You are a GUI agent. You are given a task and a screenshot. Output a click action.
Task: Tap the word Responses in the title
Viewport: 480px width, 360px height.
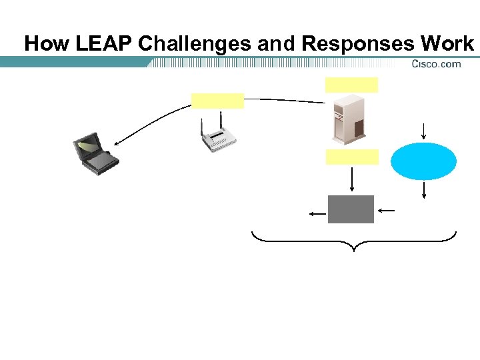pyautogui.click(x=357, y=44)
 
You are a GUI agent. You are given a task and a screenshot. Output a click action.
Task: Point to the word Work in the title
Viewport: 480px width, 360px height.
pyautogui.click(x=447, y=44)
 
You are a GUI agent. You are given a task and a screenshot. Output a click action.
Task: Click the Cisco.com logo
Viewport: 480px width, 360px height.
pyautogui.click(x=436, y=64)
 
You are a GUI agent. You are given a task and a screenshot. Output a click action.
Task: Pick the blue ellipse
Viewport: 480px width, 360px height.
pyautogui.click(x=423, y=161)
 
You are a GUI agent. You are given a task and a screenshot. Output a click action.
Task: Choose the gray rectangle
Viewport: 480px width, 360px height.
pyautogui.click(x=351, y=209)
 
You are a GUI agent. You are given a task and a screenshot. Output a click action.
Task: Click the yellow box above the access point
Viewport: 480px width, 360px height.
pyautogui.click(x=217, y=101)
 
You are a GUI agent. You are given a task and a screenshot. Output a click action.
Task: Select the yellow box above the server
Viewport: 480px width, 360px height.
pyautogui.click(x=351, y=85)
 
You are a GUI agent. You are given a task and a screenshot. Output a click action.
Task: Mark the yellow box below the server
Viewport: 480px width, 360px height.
pyautogui.click(x=352, y=157)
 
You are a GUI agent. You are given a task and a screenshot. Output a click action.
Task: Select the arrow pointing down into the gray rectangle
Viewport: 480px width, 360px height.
pyautogui.click(x=352, y=180)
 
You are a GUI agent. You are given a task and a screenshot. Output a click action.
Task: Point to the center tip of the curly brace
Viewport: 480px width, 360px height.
pyautogui.click(x=353, y=251)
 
